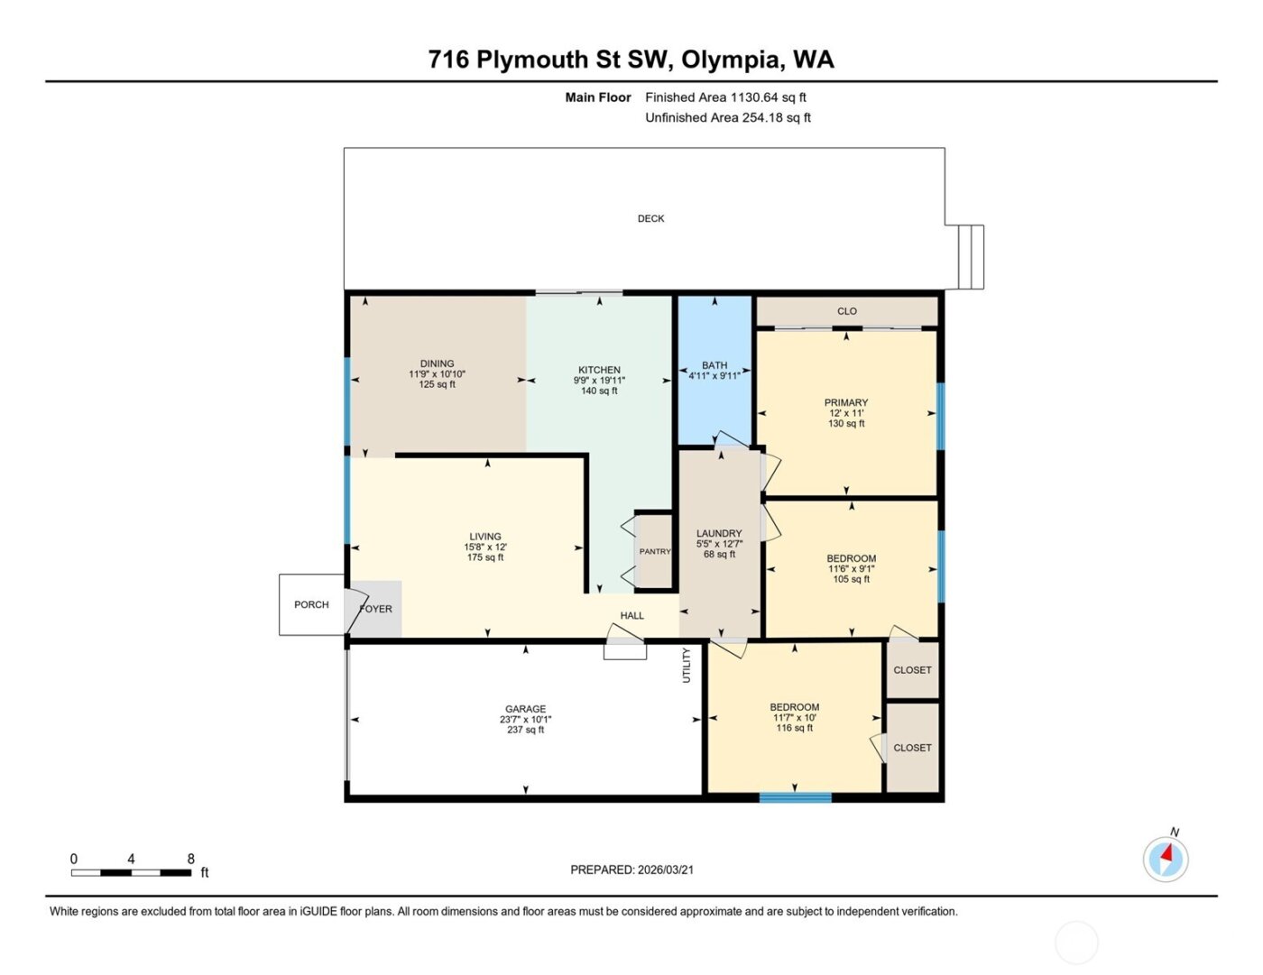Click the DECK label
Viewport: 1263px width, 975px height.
pos(650,218)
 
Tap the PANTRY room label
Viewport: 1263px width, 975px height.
pos(655,551)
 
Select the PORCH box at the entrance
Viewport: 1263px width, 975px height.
pos(311,604)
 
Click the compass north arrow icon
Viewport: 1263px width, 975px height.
pos(1166,858)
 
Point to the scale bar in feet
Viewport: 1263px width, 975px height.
pos(131,872)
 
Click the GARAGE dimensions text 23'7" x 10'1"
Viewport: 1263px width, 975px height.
pos(525,720)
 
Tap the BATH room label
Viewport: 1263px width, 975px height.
pos(714,365)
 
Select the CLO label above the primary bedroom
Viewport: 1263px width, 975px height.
pos(846,311)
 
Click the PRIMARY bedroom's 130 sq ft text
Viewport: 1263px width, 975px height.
pos(846,424)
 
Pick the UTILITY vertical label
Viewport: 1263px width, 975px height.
pos(687,665)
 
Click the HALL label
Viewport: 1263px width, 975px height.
pos(631,616)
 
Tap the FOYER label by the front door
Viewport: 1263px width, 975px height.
pos(376,609)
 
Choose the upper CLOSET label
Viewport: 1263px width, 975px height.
pos(912,670)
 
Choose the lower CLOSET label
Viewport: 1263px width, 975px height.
pos(912,748)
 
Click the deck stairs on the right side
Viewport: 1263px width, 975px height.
pos(971,257)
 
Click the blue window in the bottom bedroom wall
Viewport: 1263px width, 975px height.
pos(795,797)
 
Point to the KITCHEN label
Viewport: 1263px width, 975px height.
pos(599,370)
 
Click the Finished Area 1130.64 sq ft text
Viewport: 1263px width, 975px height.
pos(725,97)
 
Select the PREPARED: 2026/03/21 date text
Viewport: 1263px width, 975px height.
pos(631,869)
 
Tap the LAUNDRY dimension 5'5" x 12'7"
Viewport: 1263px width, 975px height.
pos(719,544)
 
